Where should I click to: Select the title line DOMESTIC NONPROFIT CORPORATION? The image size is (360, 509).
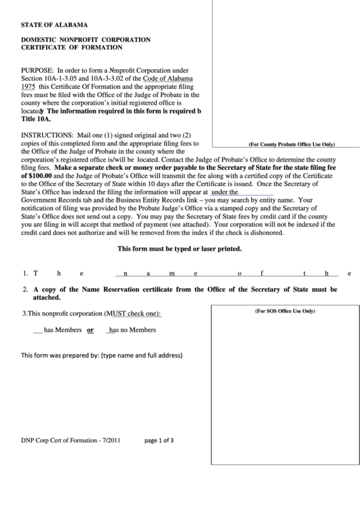tap(86, 40)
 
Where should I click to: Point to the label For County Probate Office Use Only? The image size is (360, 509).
tap(291, 144)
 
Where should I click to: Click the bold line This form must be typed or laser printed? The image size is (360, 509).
tap(180, 249)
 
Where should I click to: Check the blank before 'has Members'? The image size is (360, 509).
tap(37, 330)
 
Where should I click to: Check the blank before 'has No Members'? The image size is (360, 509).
tap(109, 330)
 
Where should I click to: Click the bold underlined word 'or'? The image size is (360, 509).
tap(90, 330)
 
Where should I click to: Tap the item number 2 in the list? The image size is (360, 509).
tap(24, 289)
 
